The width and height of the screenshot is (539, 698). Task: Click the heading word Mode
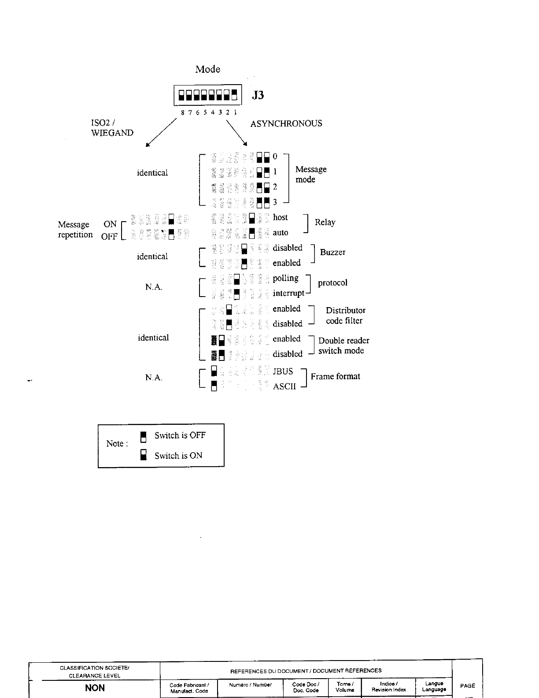click(208, 69)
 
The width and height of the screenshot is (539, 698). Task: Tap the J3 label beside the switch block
click(258, 95)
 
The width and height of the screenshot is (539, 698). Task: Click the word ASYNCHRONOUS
click(286, 124)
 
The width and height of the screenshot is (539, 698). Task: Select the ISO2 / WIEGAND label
click(112, 128)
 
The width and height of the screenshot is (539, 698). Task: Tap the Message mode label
click(311, 174)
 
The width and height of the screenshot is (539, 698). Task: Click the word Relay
click(325, 223)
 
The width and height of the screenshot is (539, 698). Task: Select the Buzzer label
click(332, 252)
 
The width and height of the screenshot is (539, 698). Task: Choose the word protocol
click(332, 283)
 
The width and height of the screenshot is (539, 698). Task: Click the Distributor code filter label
click(345, 316)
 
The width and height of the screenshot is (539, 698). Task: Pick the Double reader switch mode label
click(343, 345)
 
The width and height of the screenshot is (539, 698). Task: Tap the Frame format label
click(335, 376)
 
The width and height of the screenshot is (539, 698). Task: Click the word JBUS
click(283, 371)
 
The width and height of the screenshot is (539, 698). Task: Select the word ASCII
click(284, 387)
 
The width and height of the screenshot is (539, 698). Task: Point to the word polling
click(285, 278)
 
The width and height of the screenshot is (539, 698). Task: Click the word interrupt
click(288, 293)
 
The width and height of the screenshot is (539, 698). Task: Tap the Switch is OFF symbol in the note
click(143, 436)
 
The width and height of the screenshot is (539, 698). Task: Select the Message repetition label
click(75, 230)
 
